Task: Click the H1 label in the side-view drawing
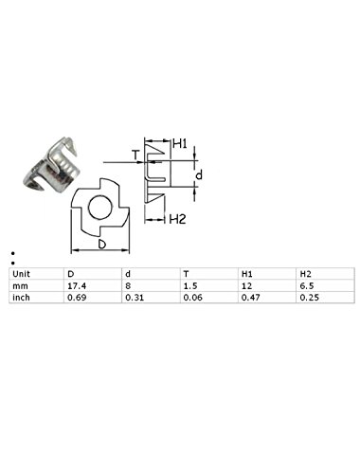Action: (x=180, y=144)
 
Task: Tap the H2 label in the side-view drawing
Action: (x=177, y=219)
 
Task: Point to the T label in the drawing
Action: (x=135, y=155)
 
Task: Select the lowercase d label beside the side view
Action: (x=199, y=174)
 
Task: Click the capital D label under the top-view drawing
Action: (x=101, y=245)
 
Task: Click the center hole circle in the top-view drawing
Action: (x=89, y=208)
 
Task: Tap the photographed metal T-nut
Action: (x=50, y=165)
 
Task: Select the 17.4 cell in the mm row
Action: (x=77, y=286)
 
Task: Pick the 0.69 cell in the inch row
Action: (x=77, y=298)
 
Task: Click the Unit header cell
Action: (x=21, y=274)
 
